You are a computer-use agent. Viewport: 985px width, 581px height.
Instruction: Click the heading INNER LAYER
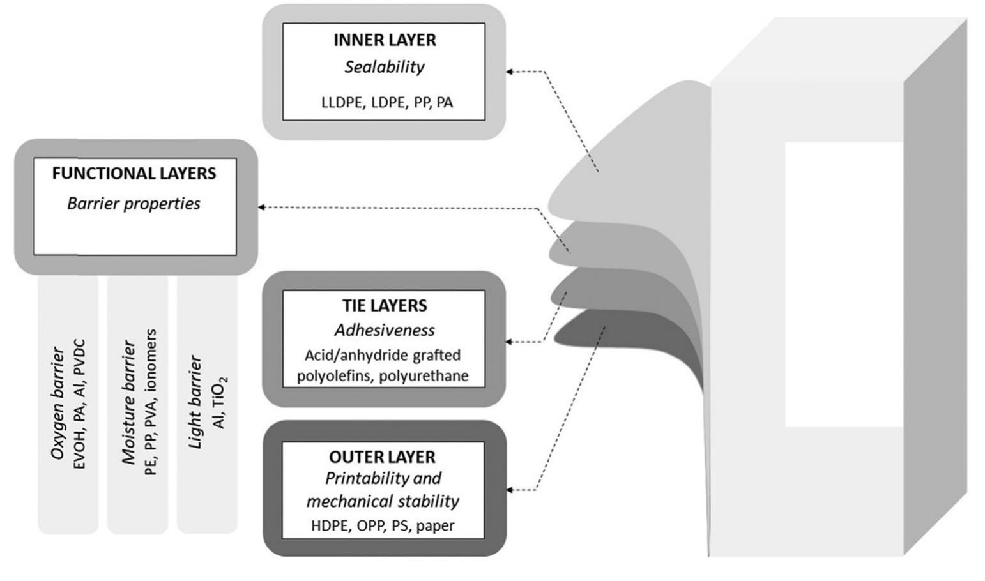coord(385,40)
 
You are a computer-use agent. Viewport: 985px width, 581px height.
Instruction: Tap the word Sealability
coord(385,67)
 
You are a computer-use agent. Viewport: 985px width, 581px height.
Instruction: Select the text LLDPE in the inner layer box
coord(341,103)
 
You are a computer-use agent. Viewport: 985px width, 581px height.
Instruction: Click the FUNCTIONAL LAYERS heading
coord(134,174)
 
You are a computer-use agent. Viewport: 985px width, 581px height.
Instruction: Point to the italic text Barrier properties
coord(134,204)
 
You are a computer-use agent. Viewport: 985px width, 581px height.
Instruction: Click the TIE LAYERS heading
coord(385,306)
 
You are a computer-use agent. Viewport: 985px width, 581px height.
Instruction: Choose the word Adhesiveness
coord(385,330)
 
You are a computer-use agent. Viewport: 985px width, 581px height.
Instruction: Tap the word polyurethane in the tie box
coord(424,376)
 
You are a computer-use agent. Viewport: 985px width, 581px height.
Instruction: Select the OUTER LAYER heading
coord(382,457)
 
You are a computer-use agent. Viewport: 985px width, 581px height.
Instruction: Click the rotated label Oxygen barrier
coord(58,404)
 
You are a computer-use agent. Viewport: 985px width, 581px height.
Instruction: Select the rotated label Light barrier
coord(195,402)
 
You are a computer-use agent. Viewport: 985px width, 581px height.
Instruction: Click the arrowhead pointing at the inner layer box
coord(509,72)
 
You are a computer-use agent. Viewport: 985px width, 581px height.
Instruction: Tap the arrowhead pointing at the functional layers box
coord(261,207)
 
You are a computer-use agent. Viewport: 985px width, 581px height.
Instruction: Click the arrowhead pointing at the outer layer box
coord(509,490)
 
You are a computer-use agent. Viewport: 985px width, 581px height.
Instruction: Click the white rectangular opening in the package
coord(843,284)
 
